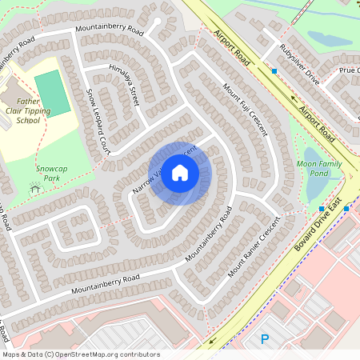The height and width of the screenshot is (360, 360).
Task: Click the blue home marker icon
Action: pyautogui.click(x=179, y=173)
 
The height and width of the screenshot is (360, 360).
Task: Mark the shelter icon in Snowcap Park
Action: pyautogui.click(x=34, y=189)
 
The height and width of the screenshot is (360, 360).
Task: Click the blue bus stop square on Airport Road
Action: pyautogui.click(x=274, y=71)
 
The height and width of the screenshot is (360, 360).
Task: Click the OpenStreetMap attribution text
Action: pyautogui.click(x=81, y=354)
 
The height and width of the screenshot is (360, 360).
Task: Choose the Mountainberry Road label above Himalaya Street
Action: pyautogui.click(x=110, y=29)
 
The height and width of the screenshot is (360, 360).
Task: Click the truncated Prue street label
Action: pyautogui.click(x=349, y=70)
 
